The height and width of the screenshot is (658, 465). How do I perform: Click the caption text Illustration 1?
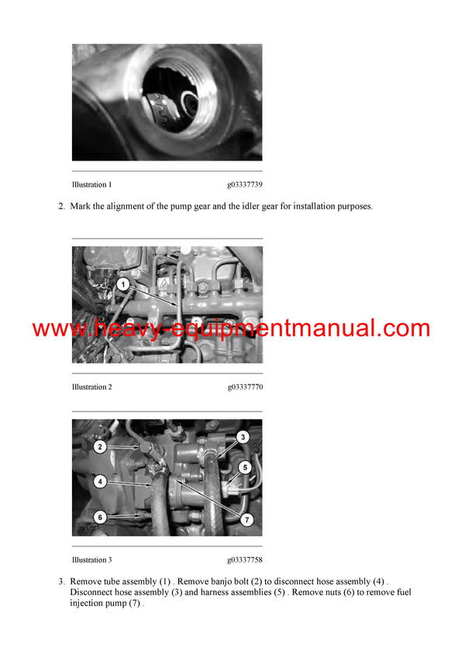click(x=91, y=185)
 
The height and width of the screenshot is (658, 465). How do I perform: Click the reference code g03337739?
click(x=245, y=185)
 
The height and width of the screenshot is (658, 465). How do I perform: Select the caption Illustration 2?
click(x=91, y=387)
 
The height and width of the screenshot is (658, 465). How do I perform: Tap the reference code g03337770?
click(x=245, y=387)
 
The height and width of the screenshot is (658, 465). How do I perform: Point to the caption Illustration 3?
click(x=91, y=560)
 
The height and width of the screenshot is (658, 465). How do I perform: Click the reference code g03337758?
click(x=245, y=560)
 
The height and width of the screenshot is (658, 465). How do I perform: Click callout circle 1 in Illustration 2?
click(x=122, y=285)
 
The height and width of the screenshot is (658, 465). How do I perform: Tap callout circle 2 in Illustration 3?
click(x=100, y=446)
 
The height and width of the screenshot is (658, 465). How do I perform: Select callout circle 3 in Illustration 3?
click(x=243, y=437)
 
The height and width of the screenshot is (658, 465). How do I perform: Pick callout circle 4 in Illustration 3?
click(x=100, y=481)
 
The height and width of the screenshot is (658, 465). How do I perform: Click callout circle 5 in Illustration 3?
click(x=245, y=467)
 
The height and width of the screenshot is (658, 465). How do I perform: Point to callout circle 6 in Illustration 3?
click(x=100, y=517)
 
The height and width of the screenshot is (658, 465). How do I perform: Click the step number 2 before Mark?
click(x=61, y=207)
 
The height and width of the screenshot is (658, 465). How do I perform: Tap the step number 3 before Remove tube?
click(x=61, y=581)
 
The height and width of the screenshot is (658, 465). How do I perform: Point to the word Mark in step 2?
click(x=81, y=207)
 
